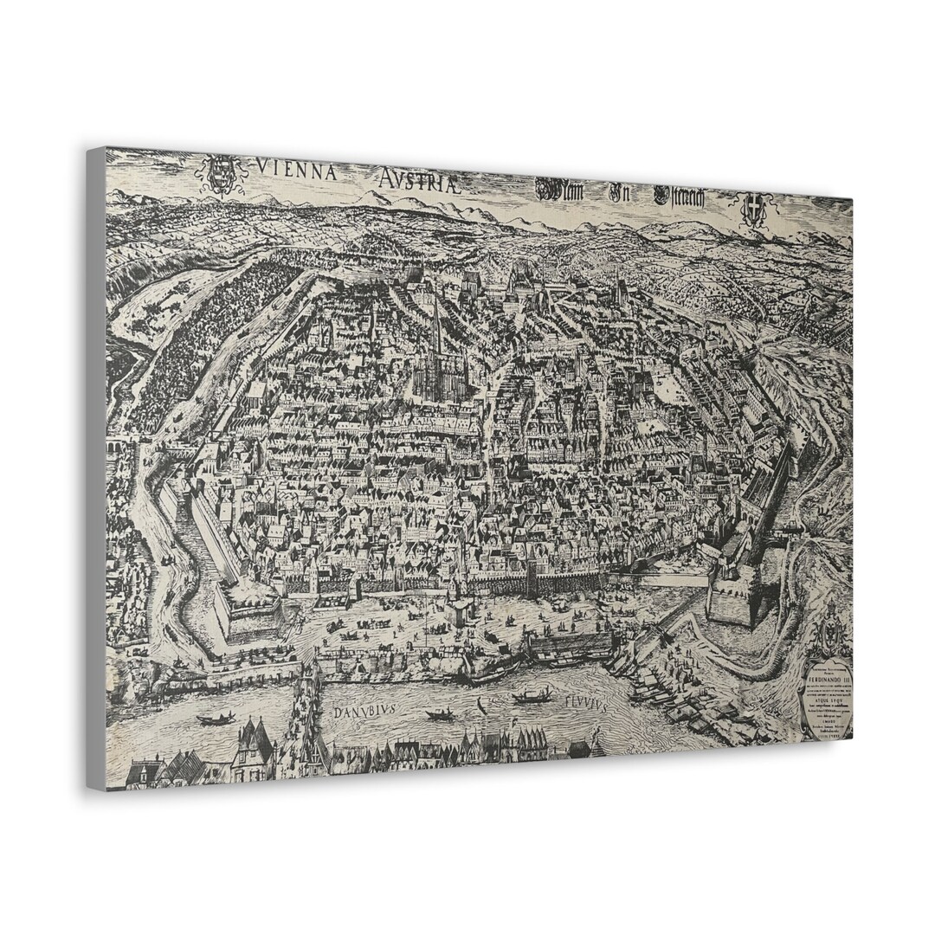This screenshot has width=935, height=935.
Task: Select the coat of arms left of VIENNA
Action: [x=222, y=172]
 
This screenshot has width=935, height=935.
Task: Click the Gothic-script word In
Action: [x=618, y=193]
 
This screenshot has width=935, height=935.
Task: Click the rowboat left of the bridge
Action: [x=216, y=718]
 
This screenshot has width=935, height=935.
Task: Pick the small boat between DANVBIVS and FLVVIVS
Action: [x=441, y=714]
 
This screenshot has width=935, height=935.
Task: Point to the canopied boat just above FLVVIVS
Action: [x=532, y=695]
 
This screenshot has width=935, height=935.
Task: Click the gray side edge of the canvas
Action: [x=96, y=467]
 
